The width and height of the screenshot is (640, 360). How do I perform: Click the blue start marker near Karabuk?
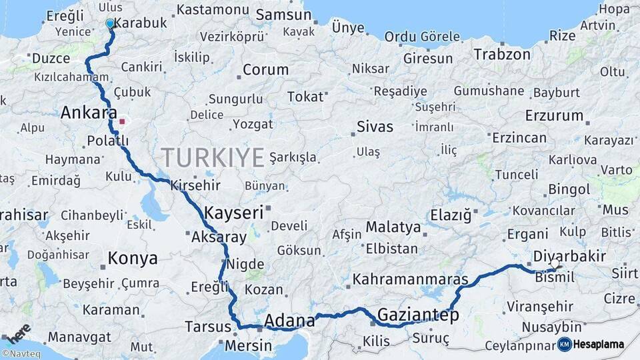point(110,24)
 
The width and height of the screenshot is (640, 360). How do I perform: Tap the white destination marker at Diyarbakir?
point(555,265)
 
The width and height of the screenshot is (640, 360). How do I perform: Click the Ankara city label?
point(89,113)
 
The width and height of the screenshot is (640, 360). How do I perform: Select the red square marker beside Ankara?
point(122,122)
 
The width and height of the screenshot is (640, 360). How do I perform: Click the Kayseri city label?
point(233,213)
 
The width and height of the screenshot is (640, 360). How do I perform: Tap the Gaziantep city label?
point(418,315)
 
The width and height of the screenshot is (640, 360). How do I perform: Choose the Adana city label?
point(289,321)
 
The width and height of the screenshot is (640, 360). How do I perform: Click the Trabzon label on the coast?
point(502,55)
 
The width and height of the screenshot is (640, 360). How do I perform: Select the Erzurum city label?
point(554,115)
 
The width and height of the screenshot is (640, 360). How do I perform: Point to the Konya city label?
point(133,259)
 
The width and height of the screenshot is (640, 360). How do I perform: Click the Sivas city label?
point(375,126)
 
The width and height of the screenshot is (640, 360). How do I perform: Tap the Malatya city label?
point(393,227)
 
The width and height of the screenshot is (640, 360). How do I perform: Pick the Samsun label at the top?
point(279,14)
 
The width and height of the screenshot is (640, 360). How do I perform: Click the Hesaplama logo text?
point(599,344)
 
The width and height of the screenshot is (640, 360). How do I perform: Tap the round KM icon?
point(565,344)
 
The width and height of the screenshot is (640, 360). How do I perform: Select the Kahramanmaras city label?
point(410,279)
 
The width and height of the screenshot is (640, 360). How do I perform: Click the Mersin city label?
point(248,346)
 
